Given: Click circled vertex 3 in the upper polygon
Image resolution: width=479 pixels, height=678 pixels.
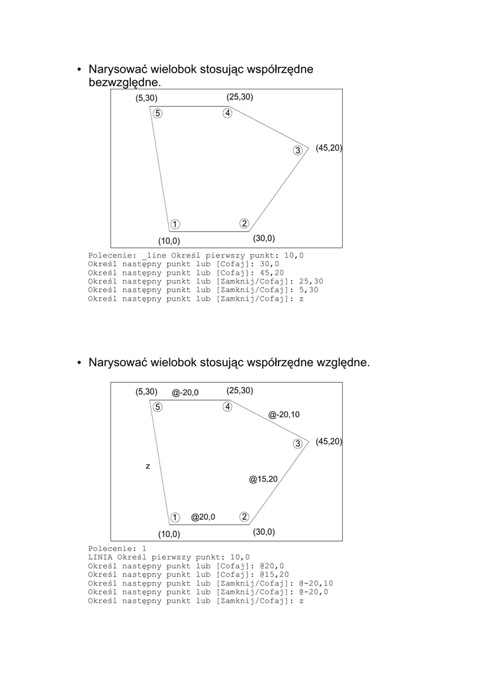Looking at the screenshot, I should (298, 150).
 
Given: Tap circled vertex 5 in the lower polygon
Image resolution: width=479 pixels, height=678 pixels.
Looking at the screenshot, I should (157, 407).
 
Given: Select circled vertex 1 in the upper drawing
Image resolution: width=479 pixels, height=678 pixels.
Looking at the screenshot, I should (175, 224).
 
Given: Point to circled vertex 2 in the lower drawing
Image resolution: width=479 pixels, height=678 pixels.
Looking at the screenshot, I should (244, 516).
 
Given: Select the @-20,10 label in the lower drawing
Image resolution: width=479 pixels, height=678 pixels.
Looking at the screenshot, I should (284, 414).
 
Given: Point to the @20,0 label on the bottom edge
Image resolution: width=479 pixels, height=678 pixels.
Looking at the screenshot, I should (203, 516).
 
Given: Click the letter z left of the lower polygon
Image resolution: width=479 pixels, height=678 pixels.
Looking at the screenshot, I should (148, 467).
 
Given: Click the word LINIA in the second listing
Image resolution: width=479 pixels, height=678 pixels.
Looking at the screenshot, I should (100, 557).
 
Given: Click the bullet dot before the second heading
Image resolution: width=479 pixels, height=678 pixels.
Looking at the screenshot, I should (78, 363).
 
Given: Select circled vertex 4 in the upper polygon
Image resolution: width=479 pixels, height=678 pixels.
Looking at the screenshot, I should (228, 113).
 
